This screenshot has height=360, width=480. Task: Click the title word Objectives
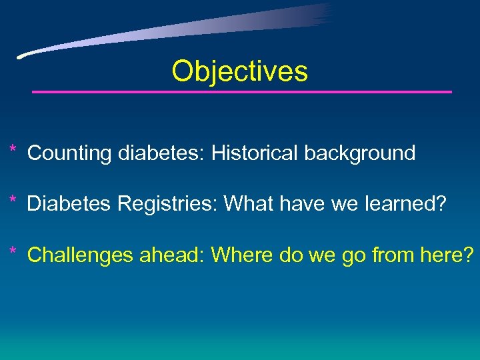click(x=239, y=71)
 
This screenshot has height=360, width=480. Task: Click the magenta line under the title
click(x=242, y=91)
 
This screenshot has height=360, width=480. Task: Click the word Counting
click(x=69, y=153)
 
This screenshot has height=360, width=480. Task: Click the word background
click(x=360, y=153)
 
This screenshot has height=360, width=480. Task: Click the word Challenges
click(x=81, y=255)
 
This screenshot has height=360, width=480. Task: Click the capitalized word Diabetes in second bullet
click(x=69, y=204)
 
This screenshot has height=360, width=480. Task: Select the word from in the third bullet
click(x=389, y=255)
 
